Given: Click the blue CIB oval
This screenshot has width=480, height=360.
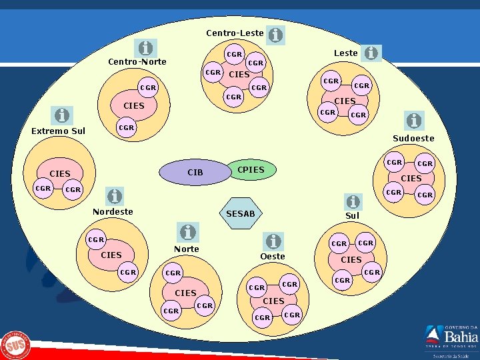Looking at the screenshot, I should point(195,172).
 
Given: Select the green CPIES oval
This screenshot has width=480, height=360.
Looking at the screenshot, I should point(251,170).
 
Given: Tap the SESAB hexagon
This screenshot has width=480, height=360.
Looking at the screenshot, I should point(241,213).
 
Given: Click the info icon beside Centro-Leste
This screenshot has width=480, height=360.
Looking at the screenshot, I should point(275,34).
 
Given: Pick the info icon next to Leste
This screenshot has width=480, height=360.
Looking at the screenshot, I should point(371,53).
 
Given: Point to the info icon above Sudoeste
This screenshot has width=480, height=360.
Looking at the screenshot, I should point(414,121).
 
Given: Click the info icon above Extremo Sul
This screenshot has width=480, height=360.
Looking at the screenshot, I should point(62,115).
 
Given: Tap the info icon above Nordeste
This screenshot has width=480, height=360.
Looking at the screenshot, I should point(115,196).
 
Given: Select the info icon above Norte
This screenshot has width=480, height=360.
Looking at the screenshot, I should point(188,232).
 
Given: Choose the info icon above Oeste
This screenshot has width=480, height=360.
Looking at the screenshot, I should point(273,240).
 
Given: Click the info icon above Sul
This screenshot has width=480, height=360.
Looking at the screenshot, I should point(353,201).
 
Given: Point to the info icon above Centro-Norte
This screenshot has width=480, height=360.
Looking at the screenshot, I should point(145,48).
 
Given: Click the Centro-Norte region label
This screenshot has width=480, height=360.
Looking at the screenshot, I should point(137,63).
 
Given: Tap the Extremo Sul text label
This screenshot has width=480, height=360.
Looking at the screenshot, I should point(59,131).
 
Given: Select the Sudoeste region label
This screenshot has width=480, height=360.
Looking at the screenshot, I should point(413,139).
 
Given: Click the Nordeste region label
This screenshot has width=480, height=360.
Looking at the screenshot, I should point(113,211).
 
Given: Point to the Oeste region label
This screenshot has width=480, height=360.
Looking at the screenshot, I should point(273,256).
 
